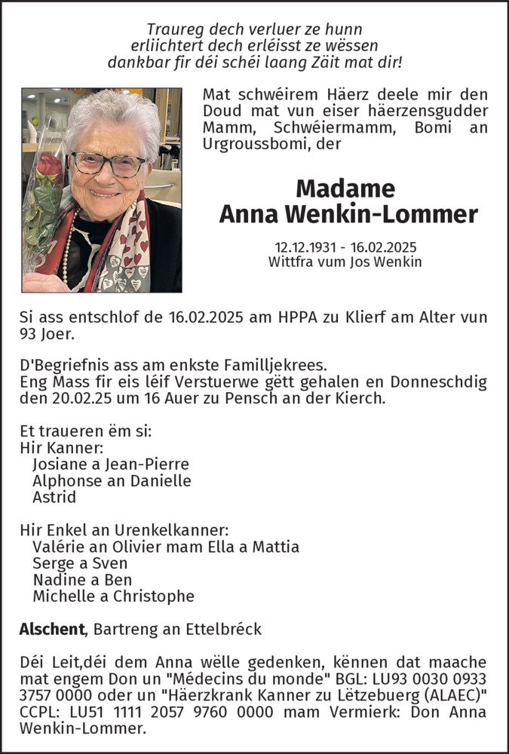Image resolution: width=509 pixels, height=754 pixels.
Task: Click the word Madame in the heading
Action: pos(345,188)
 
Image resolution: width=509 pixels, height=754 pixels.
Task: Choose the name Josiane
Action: pos(60,464)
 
